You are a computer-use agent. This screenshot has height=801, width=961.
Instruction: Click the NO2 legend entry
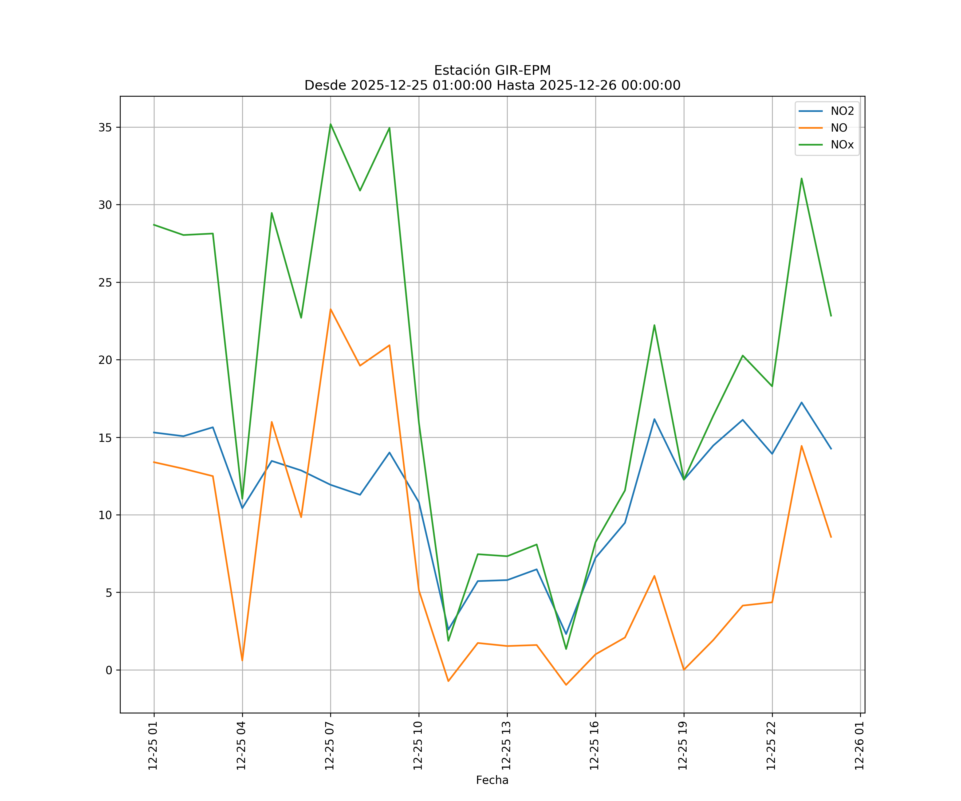click(842, 111)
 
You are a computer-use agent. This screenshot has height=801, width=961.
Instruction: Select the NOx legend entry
click(842, 145)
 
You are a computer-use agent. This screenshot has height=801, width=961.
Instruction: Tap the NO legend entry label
click(839, 128)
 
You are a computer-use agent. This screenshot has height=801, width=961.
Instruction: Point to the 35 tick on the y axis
click(105, 127)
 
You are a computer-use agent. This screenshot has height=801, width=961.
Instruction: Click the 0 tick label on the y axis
click(109, 670)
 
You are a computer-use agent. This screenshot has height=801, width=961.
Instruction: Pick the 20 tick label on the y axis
click(105, 360)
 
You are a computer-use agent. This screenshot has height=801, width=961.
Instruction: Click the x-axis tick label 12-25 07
click(329, 746)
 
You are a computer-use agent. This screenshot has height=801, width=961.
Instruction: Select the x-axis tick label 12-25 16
click(594, 746)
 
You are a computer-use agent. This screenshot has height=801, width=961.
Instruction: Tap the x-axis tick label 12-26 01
click(859, 746)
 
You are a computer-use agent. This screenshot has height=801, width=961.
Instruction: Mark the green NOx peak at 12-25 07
click(330, 124)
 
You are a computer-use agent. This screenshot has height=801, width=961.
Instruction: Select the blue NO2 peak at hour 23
click(801, 402)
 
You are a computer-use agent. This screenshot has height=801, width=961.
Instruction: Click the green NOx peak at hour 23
click(801, 179)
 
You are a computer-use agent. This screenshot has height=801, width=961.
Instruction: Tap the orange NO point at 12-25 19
click(684, 670)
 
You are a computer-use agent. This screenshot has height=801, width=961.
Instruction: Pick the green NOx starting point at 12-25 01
click(154, 225)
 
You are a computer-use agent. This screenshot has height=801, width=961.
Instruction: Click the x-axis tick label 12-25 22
click(771, 746)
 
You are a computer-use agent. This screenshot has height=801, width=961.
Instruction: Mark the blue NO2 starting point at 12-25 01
click(154, 433)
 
